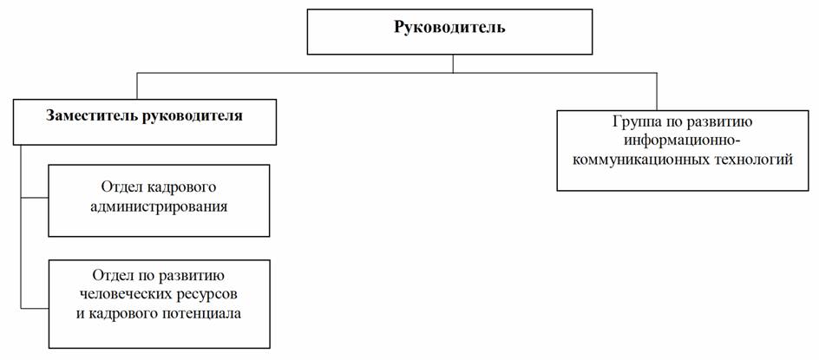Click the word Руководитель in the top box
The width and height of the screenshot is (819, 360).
tap(449, 27)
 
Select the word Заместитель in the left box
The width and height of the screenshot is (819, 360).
tap(93, 115)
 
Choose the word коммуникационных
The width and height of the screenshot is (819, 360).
tap(641, 159)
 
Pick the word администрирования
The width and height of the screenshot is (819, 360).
tap(159, 207)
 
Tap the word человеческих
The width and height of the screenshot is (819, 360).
tap(123, 294)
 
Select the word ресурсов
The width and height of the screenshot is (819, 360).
tap(206, 295)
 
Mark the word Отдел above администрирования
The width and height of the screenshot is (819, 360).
tap(119, 187)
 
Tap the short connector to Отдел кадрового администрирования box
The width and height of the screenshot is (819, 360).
tap(35, 198)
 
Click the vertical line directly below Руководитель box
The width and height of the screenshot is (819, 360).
tap(453, 63)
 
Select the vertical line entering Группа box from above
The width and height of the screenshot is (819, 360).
tap(657, 91)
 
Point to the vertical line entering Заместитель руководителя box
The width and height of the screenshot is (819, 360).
tap(137, 86)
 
